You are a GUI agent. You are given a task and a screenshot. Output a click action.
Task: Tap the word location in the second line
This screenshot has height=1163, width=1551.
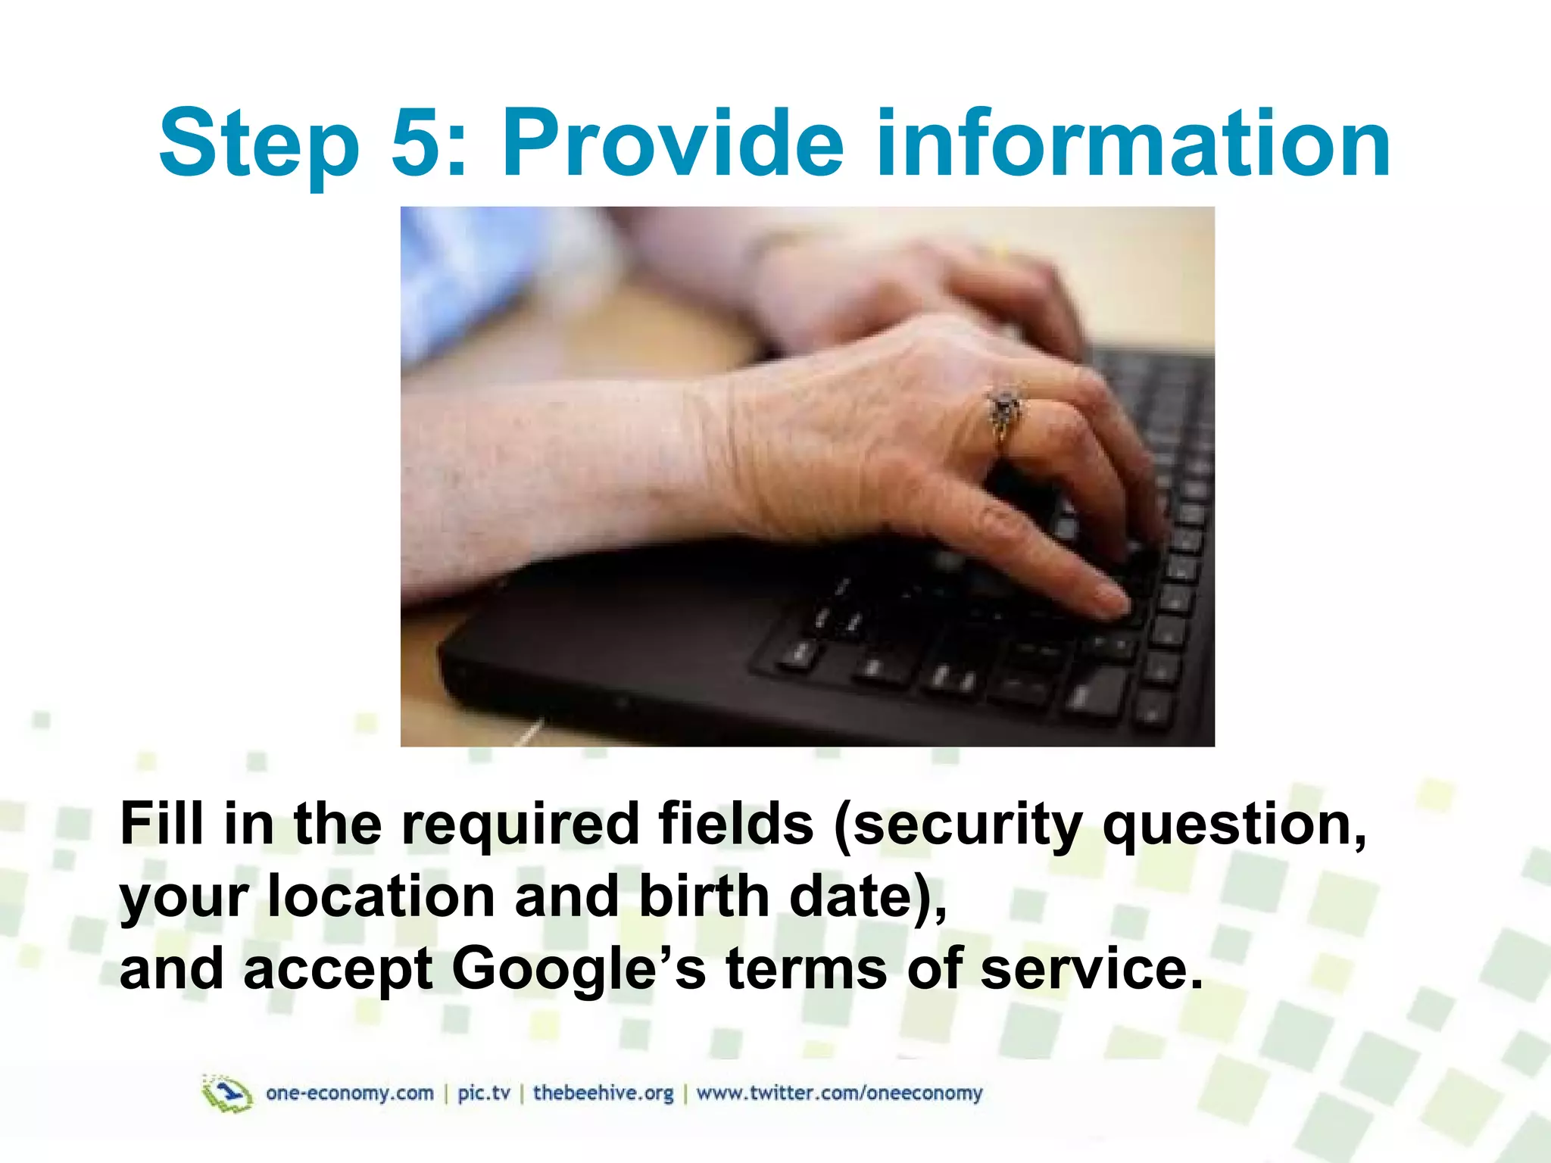382,896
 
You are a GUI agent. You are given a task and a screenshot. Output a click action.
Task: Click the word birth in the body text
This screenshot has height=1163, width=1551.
704,896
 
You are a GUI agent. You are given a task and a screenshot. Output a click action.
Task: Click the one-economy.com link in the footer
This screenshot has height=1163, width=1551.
350,1093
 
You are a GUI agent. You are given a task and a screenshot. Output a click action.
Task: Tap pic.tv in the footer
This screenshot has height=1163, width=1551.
484,1093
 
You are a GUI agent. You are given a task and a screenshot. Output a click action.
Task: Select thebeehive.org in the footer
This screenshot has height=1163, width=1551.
603,1093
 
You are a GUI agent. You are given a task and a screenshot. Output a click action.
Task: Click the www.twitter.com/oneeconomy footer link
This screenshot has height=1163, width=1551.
839,1093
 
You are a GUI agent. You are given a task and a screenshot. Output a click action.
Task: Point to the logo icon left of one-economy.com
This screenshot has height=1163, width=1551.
226,1094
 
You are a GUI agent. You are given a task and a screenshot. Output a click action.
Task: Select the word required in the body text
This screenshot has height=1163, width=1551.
520,825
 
